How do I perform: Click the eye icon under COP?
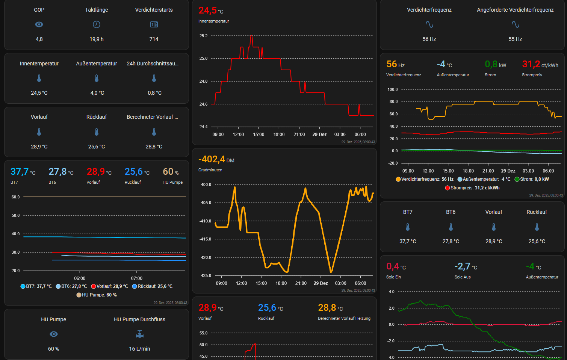click(x=39, y=24)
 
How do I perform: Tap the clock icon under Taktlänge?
click(x=97, y=24)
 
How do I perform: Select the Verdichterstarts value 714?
click(x=154, y=39)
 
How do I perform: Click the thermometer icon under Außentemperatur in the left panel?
click(x=97, y=78)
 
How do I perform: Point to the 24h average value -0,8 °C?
click(x=154, y=93)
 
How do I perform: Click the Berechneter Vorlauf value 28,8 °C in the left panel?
click(x=154, y=147)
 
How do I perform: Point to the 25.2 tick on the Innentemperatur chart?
click(x=203, y=36)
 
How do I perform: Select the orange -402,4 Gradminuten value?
click(x=212, y=159)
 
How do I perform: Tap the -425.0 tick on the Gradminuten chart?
click(x=205, y=275)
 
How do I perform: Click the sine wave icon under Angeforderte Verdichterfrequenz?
click(x=515, y=24)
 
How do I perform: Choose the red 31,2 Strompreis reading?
click(x=531, y=64)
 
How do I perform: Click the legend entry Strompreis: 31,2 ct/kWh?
click(x=472, y=188)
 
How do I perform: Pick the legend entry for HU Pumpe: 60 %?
click(x=97, y=295)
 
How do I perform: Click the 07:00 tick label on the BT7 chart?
click(x=137, y=278)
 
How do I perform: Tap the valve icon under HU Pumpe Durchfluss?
click(x=139, y=334)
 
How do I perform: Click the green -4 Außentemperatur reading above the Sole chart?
click(x=530, y=266)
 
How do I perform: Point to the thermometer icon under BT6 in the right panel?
click(x=451, y=227)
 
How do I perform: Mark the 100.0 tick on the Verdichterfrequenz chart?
click(x=392, y=89)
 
